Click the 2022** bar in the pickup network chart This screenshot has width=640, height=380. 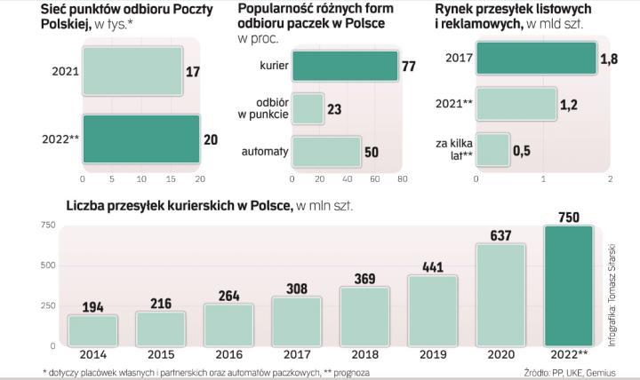[141, 139]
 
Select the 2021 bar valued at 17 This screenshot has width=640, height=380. [132, 70]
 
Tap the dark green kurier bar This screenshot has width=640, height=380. [344, 66]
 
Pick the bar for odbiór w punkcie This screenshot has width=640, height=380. [308, 108]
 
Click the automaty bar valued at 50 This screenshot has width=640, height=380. [326, 151]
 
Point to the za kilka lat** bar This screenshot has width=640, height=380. [492, 149]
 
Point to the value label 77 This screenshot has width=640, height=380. [409, 66]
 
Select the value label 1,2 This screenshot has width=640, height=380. [570, 106]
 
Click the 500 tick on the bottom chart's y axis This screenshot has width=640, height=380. [49, 265]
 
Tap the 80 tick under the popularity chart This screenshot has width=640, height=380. [402, 178]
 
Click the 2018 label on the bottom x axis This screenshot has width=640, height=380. [364, 354]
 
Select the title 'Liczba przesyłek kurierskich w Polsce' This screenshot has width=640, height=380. [179, 206]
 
